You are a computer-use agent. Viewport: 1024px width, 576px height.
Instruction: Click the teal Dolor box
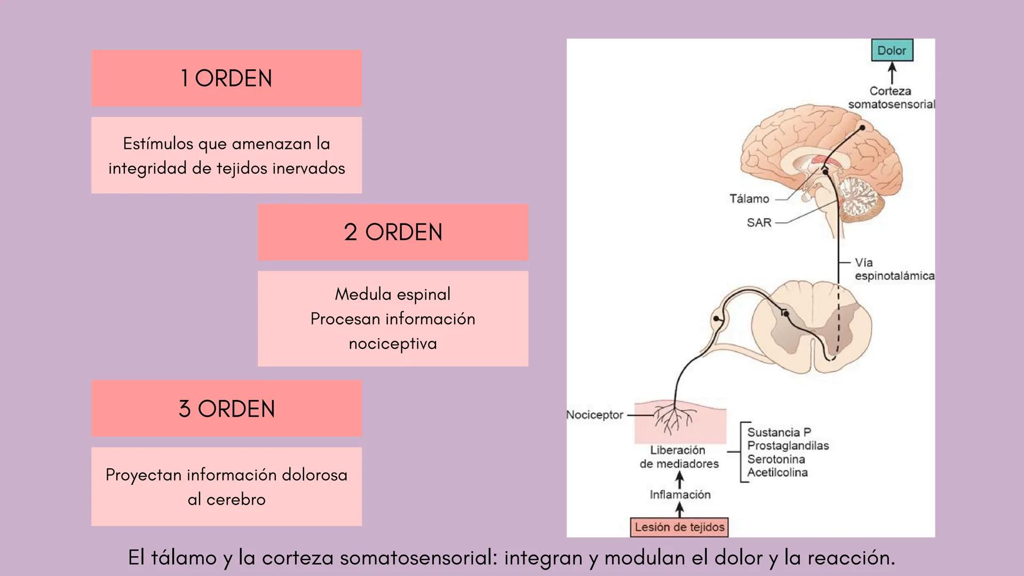[892, 50]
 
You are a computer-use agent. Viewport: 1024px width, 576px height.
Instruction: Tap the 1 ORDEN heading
[226, 78]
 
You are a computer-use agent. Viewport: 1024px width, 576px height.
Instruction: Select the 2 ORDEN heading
[393, 232]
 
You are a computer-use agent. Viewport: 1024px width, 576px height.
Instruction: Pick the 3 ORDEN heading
[226, 409]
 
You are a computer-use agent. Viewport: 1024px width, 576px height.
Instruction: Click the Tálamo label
[749, 199]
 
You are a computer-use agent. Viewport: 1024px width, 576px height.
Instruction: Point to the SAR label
[759, 222]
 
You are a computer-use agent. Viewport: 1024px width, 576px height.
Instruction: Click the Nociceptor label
[594, 414]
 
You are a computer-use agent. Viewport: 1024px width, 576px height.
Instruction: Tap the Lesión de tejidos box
[679, 527]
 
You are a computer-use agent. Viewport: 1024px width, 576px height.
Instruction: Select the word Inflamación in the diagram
[680, 494]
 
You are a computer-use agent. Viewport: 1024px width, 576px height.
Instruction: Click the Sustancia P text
[779, 432]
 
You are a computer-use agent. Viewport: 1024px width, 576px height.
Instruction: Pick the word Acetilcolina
[777, 472]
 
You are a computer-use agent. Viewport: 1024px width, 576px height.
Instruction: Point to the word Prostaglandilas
[788, 445]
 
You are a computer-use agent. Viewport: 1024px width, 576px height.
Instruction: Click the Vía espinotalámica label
[893, 269]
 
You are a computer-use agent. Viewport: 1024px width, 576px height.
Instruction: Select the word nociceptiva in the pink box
[393, 343]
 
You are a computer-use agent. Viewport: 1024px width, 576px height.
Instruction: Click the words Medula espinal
[393, 294]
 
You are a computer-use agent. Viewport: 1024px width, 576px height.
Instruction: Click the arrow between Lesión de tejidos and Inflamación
[679, 510]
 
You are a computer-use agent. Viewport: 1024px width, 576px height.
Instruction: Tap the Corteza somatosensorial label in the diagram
[890, 98]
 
